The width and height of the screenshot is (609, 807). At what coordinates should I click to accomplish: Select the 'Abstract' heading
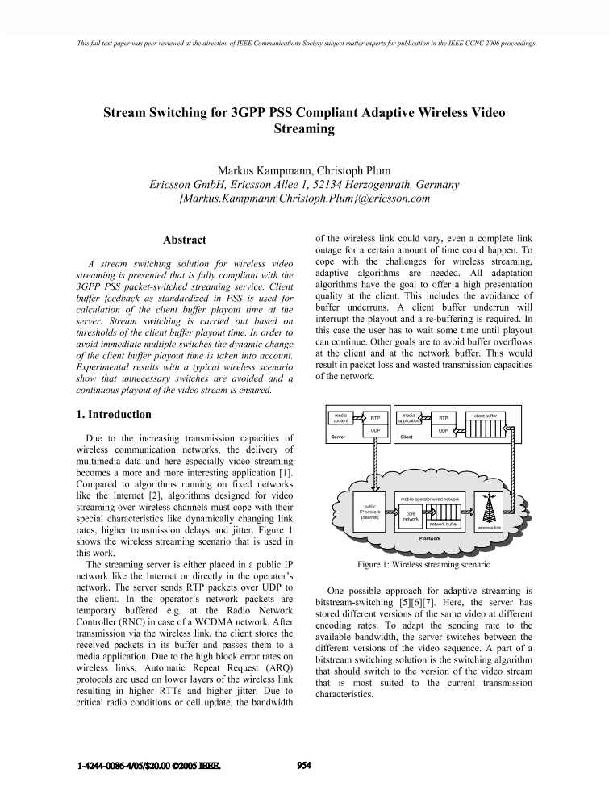pos(184,240)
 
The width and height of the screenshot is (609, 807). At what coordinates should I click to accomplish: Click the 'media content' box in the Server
pos(340,417)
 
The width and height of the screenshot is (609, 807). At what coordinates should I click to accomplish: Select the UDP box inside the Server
pos(375,431)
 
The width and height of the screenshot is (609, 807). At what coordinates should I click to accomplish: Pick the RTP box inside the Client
pos(443,418)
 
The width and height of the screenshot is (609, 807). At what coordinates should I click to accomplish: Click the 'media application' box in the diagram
pos(408,417)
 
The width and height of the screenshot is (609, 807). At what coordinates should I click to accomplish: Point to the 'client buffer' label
pos(490,415)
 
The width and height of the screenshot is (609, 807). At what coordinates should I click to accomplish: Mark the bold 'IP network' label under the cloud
pos(429,537)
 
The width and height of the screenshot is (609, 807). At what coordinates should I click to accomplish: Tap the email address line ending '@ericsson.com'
pos(304,198)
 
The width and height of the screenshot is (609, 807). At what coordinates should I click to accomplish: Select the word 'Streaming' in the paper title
pos(304,128)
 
